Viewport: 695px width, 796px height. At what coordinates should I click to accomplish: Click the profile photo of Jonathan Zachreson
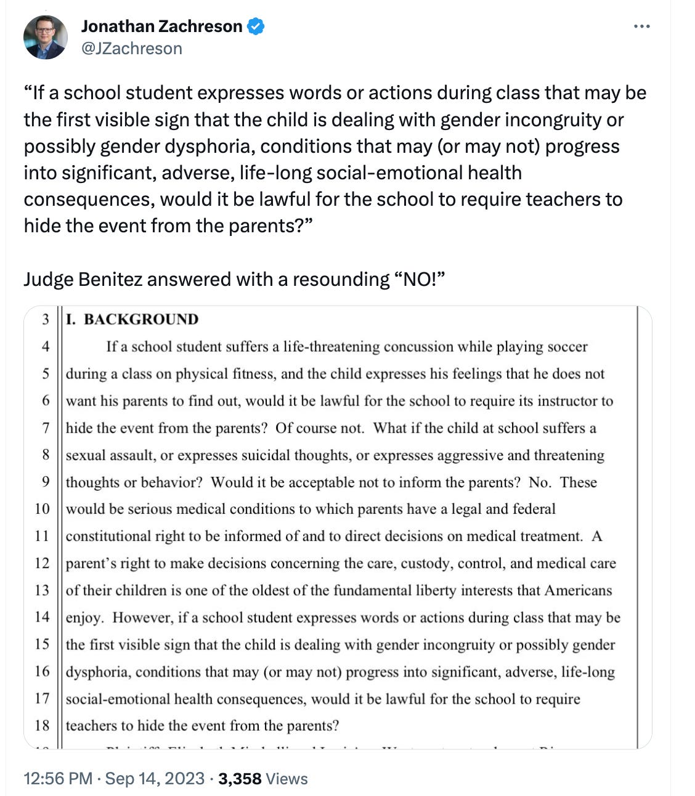[x=45, y=37]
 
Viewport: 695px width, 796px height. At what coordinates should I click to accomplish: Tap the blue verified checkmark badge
[x=256, y=26]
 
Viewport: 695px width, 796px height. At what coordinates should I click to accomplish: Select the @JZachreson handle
[x=131, y=49]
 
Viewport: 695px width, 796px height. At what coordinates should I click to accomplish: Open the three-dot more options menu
[x=641, y=26]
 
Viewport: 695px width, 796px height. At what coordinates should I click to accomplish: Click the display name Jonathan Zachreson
[x=161, y=26]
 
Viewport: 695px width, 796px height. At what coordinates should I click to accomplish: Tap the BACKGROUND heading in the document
[x=141, y=319]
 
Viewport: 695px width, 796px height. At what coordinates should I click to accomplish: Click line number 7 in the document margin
[x=46, y=428]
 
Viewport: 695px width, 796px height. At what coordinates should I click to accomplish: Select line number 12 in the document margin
[x=42, y=563]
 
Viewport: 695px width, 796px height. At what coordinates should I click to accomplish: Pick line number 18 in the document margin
[x=42, y=725]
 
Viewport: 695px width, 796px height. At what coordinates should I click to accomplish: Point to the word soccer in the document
[x=566, y=346]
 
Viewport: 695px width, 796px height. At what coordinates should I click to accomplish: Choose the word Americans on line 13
[x=578, y=590]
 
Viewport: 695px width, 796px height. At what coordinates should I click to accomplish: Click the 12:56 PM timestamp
[x=58, y=778]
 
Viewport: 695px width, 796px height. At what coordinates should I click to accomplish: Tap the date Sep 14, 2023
[x=155, y=778]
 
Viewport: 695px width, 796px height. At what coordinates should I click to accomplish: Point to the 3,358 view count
[x=240, y=778]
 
